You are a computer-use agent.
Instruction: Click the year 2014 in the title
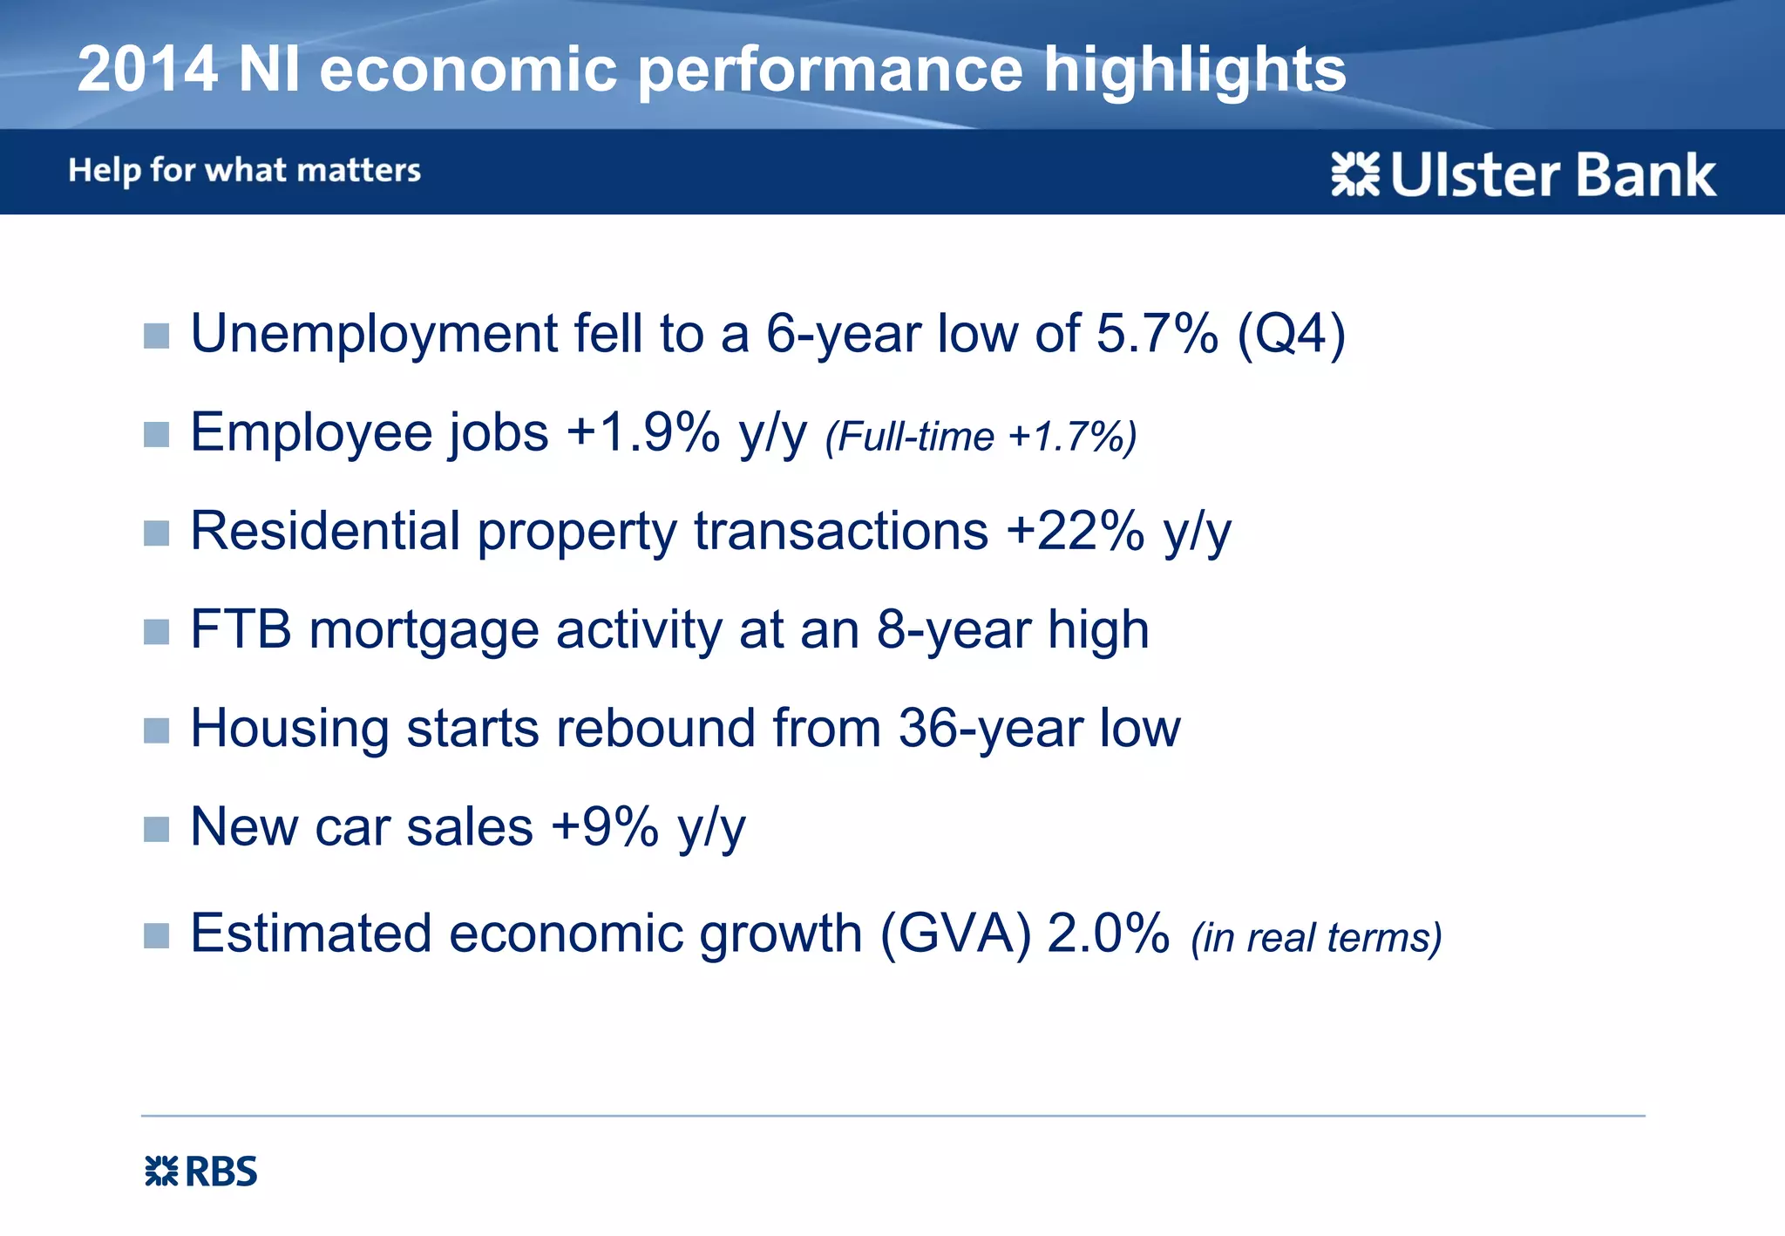pos(146,70)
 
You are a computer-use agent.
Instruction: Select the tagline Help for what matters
pos(244,170)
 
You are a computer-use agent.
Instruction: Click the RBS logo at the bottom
pos(201,1171)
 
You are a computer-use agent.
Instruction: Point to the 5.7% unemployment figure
pos(1157,334)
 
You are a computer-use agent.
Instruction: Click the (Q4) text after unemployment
pos(1292,334)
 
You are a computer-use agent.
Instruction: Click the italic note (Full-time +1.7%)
pos(981,437)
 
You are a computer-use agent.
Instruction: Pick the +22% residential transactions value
pos(1075,531)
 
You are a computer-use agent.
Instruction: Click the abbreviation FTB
pos(241,629)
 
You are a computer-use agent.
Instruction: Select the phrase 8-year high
pos(1012,629)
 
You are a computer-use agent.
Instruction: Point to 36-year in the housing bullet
pos(989,728)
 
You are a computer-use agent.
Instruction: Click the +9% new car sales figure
pos(605,826)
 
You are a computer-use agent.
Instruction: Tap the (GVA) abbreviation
pos(955,934)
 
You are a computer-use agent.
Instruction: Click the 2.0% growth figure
pos(1108,934)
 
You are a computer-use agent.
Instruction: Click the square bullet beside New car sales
pos(156,829)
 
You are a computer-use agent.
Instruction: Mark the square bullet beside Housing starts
pos(156,730)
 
